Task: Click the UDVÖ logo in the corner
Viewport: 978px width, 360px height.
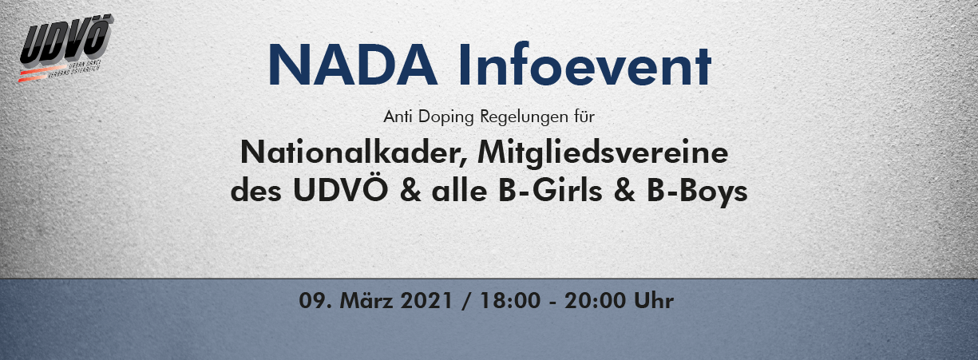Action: [x=65, y=48]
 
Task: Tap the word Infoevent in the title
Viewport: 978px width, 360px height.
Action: [x=585, y=64]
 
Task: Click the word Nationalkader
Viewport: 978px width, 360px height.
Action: [x=354, y=153]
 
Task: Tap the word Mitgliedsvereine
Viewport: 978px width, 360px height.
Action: [x=603, y=153]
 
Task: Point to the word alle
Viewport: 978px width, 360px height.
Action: [x=460, y=191]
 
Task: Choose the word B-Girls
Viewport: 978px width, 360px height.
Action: [x=551, y=191]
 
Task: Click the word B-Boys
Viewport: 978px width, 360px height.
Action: [x=697, y=192]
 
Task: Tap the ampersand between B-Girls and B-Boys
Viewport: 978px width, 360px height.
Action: [x=625, y=191]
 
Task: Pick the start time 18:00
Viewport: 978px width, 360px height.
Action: [x=510, y=300]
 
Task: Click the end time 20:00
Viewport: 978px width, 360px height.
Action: [x=595, y=300]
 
